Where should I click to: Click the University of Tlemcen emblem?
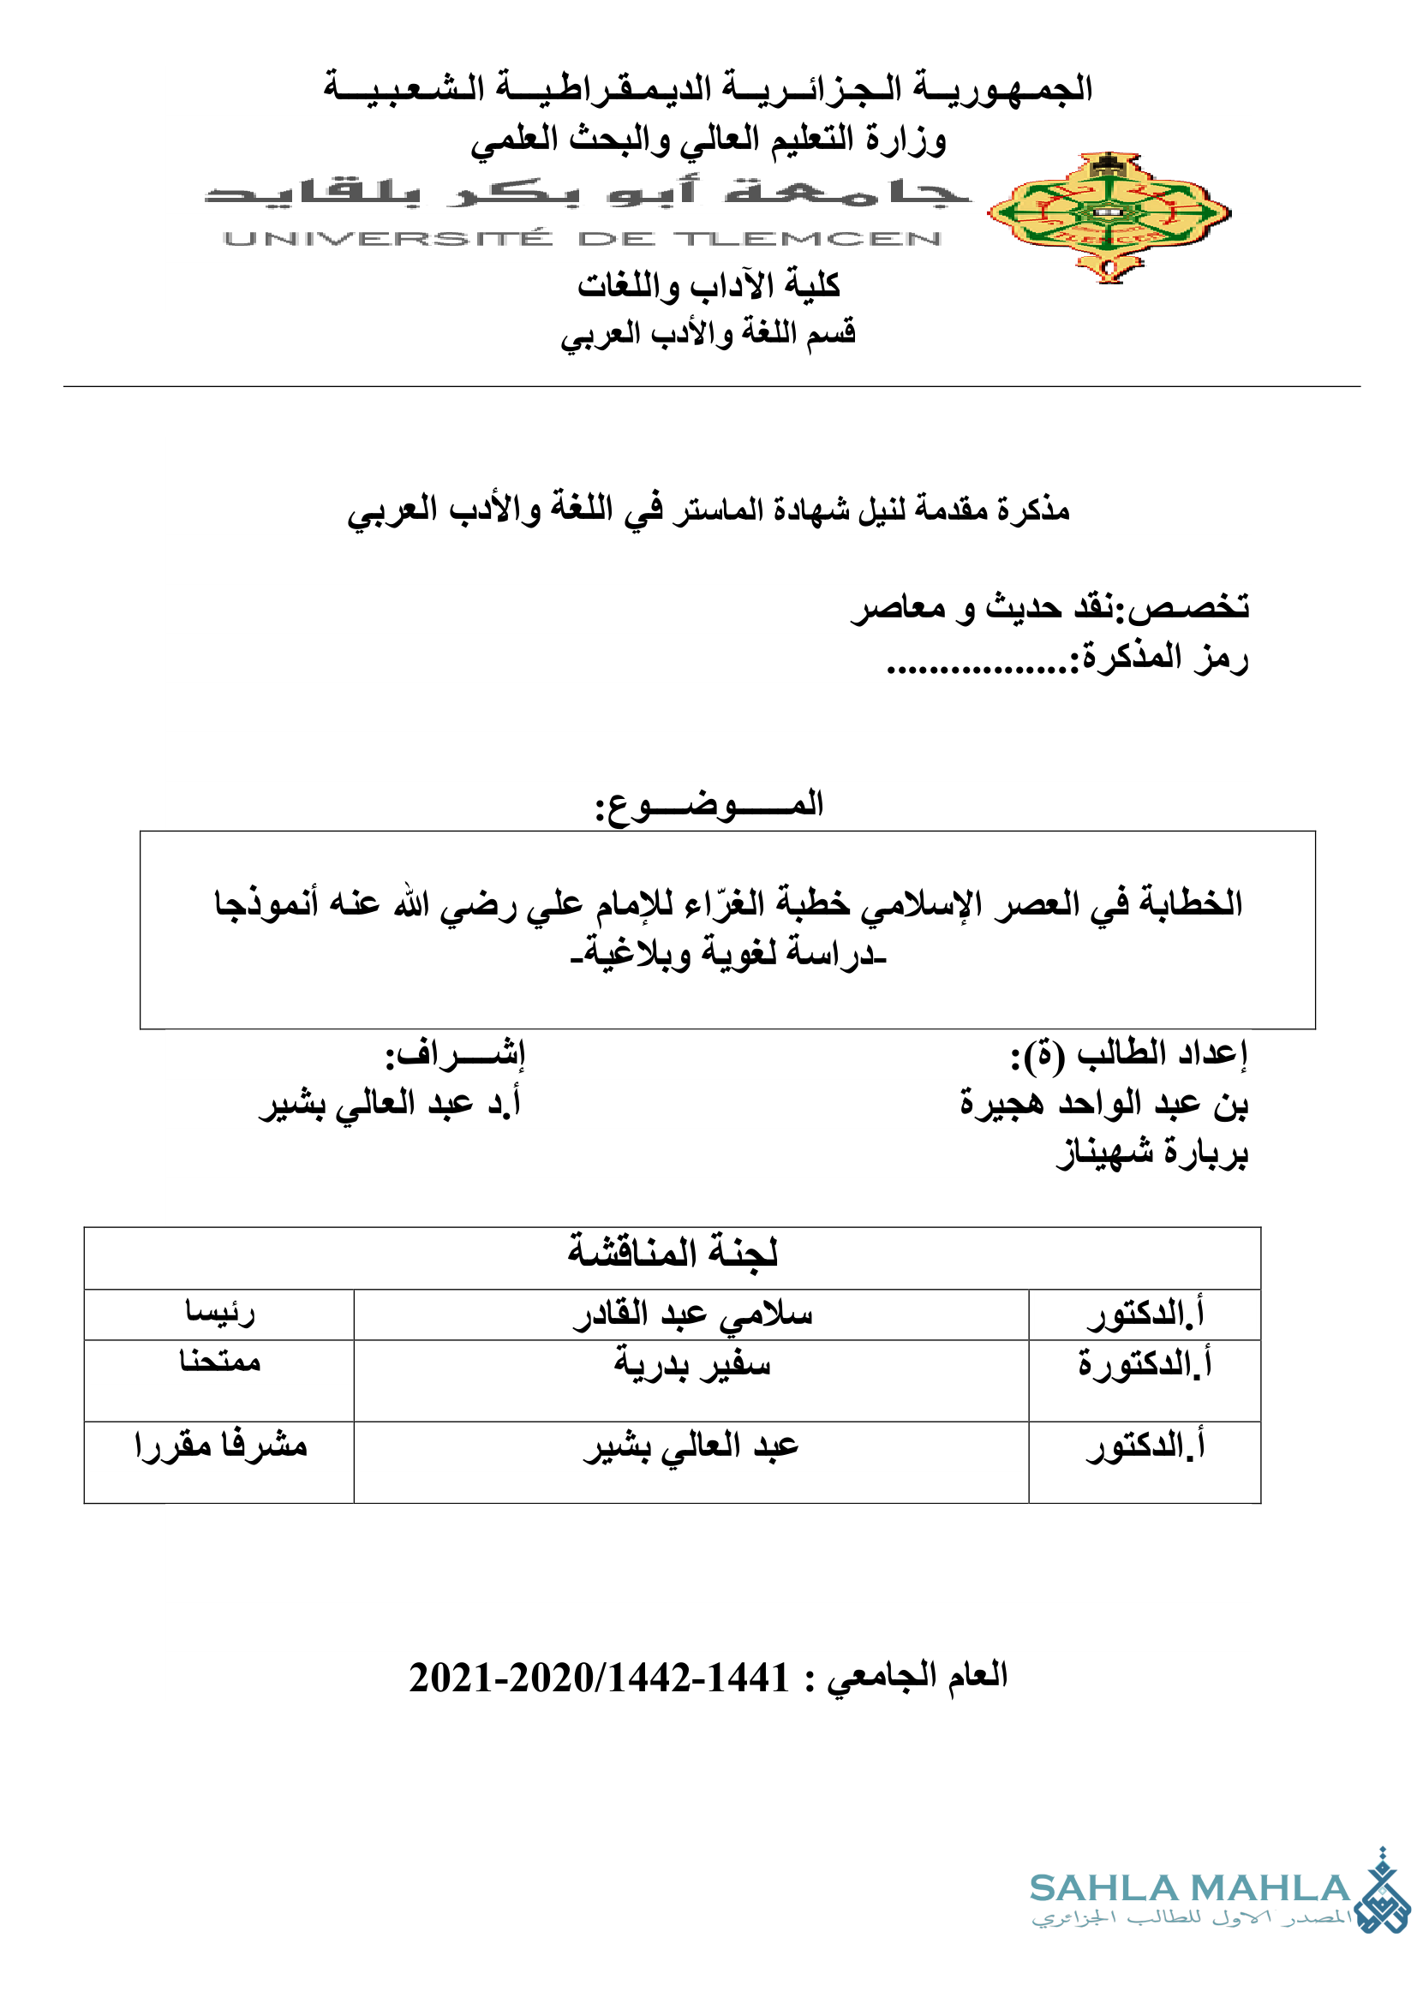pyautogui.click(x=1108, y=216)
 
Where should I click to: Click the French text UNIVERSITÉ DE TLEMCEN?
pyautogui.click(x=582, y=238)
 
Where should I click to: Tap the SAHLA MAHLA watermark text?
pyautogui.click(x=1189, y=1889)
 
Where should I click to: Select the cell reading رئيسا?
pyautogui.click(x=220, y=1312)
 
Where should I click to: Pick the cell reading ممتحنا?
pyautogui.click(x=220, y=1361)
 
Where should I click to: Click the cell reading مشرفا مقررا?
pyautogui.click(x=221, y=1446)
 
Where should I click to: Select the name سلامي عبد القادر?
pyautogui.click(x=693, y=1314)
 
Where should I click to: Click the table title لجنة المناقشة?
pyautogui.click(x=672, y=1254)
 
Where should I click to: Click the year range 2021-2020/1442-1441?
pyautogui.click(x=599, y=1678)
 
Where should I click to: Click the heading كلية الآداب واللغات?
pyautogui.click(x=708, y=285)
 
